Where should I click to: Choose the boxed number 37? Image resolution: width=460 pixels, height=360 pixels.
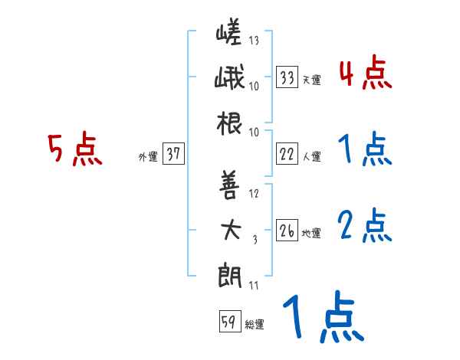pyautogui.click(x=173, y=155)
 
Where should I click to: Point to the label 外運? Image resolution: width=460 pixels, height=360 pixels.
pyautogui.click(x=147, y=156)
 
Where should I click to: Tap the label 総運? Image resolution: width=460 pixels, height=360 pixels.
pyautogui.click(x=254, y=324)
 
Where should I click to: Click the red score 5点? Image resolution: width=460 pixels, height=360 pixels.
pyautogui.click(x=74, y=149)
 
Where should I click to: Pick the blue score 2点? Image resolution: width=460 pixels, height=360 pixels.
pyautogui.click(x=364, y=226)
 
